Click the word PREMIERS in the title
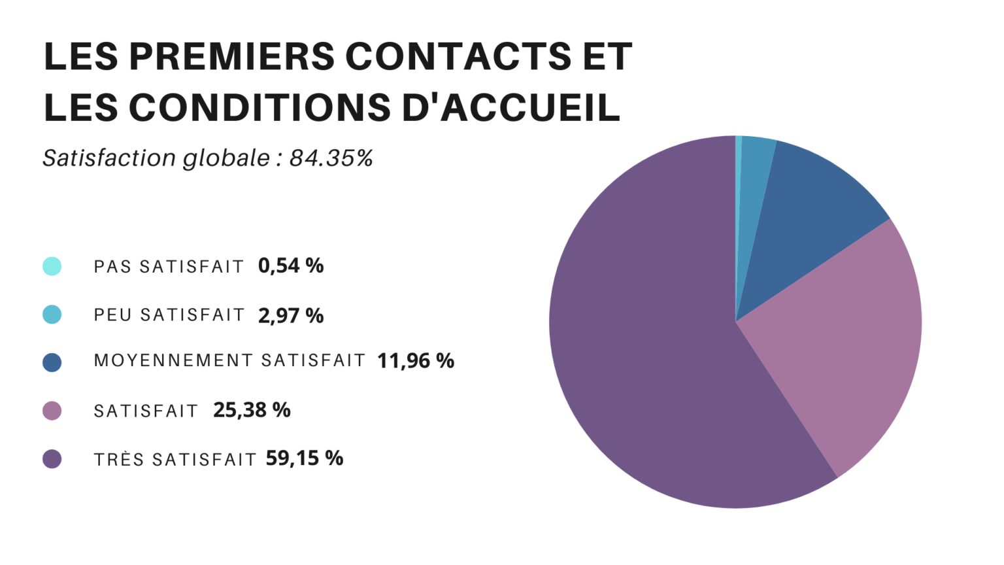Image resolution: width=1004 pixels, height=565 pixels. pos(231,56)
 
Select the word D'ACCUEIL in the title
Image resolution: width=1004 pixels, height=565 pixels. pos(510,107)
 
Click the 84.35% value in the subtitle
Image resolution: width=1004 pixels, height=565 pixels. pos(331,158)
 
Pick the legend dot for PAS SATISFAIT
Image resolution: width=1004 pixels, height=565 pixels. pos(52,266)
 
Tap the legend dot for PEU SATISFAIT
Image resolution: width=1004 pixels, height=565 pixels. pos(52,315)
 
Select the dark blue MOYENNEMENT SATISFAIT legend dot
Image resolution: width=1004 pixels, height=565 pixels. pos(52,362)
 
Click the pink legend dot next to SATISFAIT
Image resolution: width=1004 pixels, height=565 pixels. pos(52,411)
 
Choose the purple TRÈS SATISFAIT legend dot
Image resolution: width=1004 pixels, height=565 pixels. pos(52,459)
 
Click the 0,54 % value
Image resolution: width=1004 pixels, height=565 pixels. pos(291,265)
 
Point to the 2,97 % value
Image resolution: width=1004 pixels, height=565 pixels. pos(291,315)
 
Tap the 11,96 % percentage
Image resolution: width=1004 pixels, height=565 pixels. pos(416,360)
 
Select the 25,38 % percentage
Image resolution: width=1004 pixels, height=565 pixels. pos(252,410)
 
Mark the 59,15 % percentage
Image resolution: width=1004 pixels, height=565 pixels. pos(305,458)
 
